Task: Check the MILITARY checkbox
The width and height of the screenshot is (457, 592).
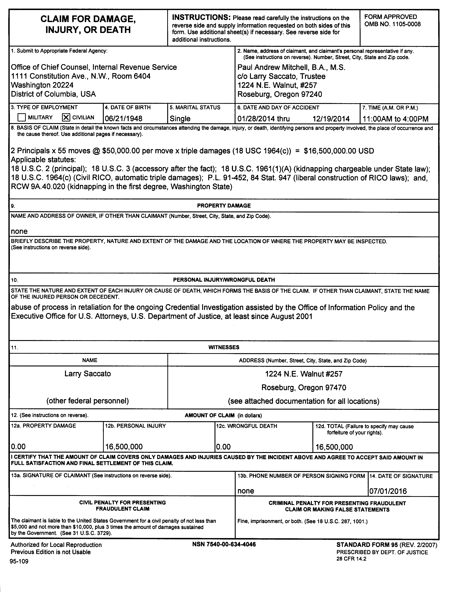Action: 21,117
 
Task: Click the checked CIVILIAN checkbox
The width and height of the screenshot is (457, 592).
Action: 66,117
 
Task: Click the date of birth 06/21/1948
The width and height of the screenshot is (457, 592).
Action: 123,119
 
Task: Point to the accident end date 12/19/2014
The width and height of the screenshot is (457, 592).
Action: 331,119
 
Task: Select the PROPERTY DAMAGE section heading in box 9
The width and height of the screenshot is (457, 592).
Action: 224,206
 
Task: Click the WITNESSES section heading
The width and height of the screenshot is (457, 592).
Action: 224,347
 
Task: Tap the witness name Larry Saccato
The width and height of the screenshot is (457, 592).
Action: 88,374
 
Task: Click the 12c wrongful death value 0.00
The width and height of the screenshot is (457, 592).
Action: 223,447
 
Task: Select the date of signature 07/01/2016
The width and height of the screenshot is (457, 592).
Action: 388,491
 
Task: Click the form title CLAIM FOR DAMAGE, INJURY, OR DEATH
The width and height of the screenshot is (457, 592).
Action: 88,24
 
